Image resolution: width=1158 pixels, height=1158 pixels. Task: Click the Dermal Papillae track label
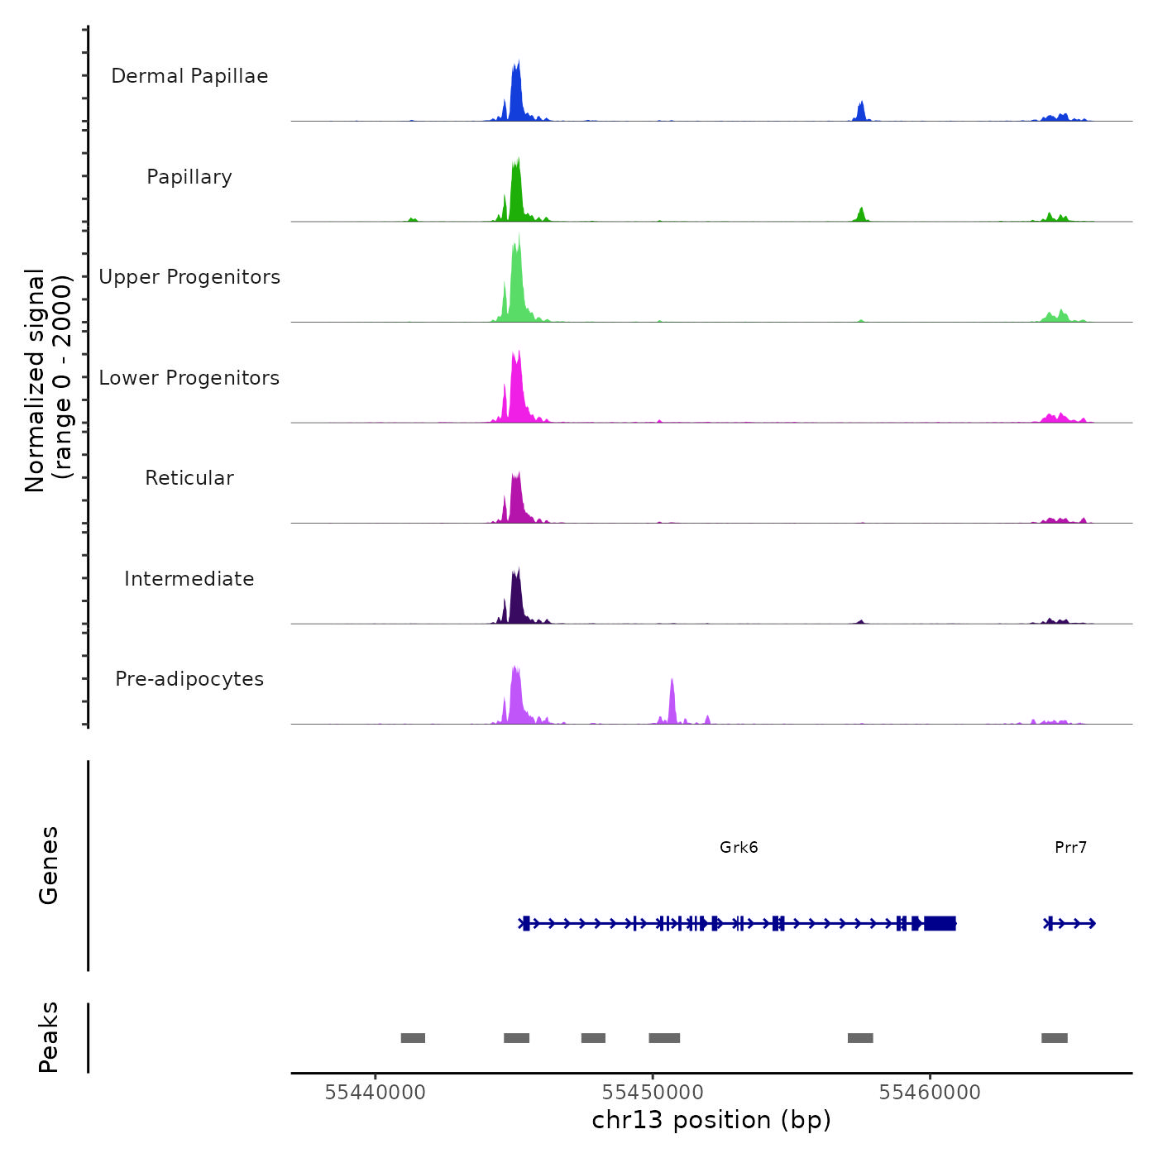point(189,76)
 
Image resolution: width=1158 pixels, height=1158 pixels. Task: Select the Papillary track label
point(189,177)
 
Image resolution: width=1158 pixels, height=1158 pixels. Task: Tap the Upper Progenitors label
point(189,277)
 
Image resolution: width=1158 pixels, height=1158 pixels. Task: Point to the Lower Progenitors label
point(189,378)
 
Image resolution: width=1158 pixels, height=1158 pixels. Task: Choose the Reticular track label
point(189,478)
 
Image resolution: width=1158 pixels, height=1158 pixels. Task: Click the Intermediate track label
point(189,579)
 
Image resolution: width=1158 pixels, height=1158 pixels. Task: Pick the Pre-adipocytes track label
point(189,679)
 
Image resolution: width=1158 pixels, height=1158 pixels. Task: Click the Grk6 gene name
point(739,847)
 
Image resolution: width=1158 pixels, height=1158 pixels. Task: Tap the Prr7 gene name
point(1070,847)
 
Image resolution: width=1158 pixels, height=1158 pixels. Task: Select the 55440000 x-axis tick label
point(375,1093)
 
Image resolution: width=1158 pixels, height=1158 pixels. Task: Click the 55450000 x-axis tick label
point(653,1093)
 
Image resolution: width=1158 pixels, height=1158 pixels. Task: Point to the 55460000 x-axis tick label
point(930,1093)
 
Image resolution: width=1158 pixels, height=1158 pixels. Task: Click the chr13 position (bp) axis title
point(711,1120)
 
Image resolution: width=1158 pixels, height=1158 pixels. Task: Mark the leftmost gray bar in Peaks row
point(413,1038)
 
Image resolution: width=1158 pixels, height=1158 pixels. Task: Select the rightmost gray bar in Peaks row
point(1055,1038)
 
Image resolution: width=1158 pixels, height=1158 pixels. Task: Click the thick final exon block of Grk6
point(940,923)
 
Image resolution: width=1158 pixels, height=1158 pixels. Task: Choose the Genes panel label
point(49,865)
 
